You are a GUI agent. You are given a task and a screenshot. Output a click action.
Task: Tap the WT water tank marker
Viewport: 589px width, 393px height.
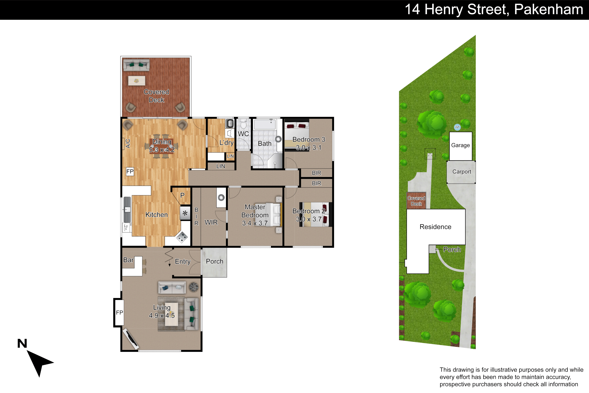457,127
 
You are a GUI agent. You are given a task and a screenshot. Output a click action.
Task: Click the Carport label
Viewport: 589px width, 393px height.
462,172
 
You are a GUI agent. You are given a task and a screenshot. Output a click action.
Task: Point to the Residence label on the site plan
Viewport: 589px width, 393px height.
435,227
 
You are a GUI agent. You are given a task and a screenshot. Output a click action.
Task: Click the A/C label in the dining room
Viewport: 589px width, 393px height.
128,144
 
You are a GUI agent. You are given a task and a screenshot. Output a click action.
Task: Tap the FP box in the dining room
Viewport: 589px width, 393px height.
130,171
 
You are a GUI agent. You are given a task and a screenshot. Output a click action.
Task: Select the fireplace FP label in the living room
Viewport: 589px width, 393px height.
119,313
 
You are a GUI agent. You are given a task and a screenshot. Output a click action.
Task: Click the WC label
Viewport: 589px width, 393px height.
243,134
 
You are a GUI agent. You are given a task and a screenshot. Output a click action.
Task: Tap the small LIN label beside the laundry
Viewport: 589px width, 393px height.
230,156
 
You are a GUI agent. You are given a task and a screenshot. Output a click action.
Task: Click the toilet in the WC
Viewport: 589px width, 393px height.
243,124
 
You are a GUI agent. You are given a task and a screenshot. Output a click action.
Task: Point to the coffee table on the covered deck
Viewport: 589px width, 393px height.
136,81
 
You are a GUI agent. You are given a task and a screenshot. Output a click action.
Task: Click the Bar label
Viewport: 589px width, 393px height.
128,260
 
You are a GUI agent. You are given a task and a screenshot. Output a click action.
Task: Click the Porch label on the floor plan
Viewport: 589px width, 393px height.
214,261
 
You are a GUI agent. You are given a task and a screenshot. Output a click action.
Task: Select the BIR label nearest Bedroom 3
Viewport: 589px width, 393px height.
316,173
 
